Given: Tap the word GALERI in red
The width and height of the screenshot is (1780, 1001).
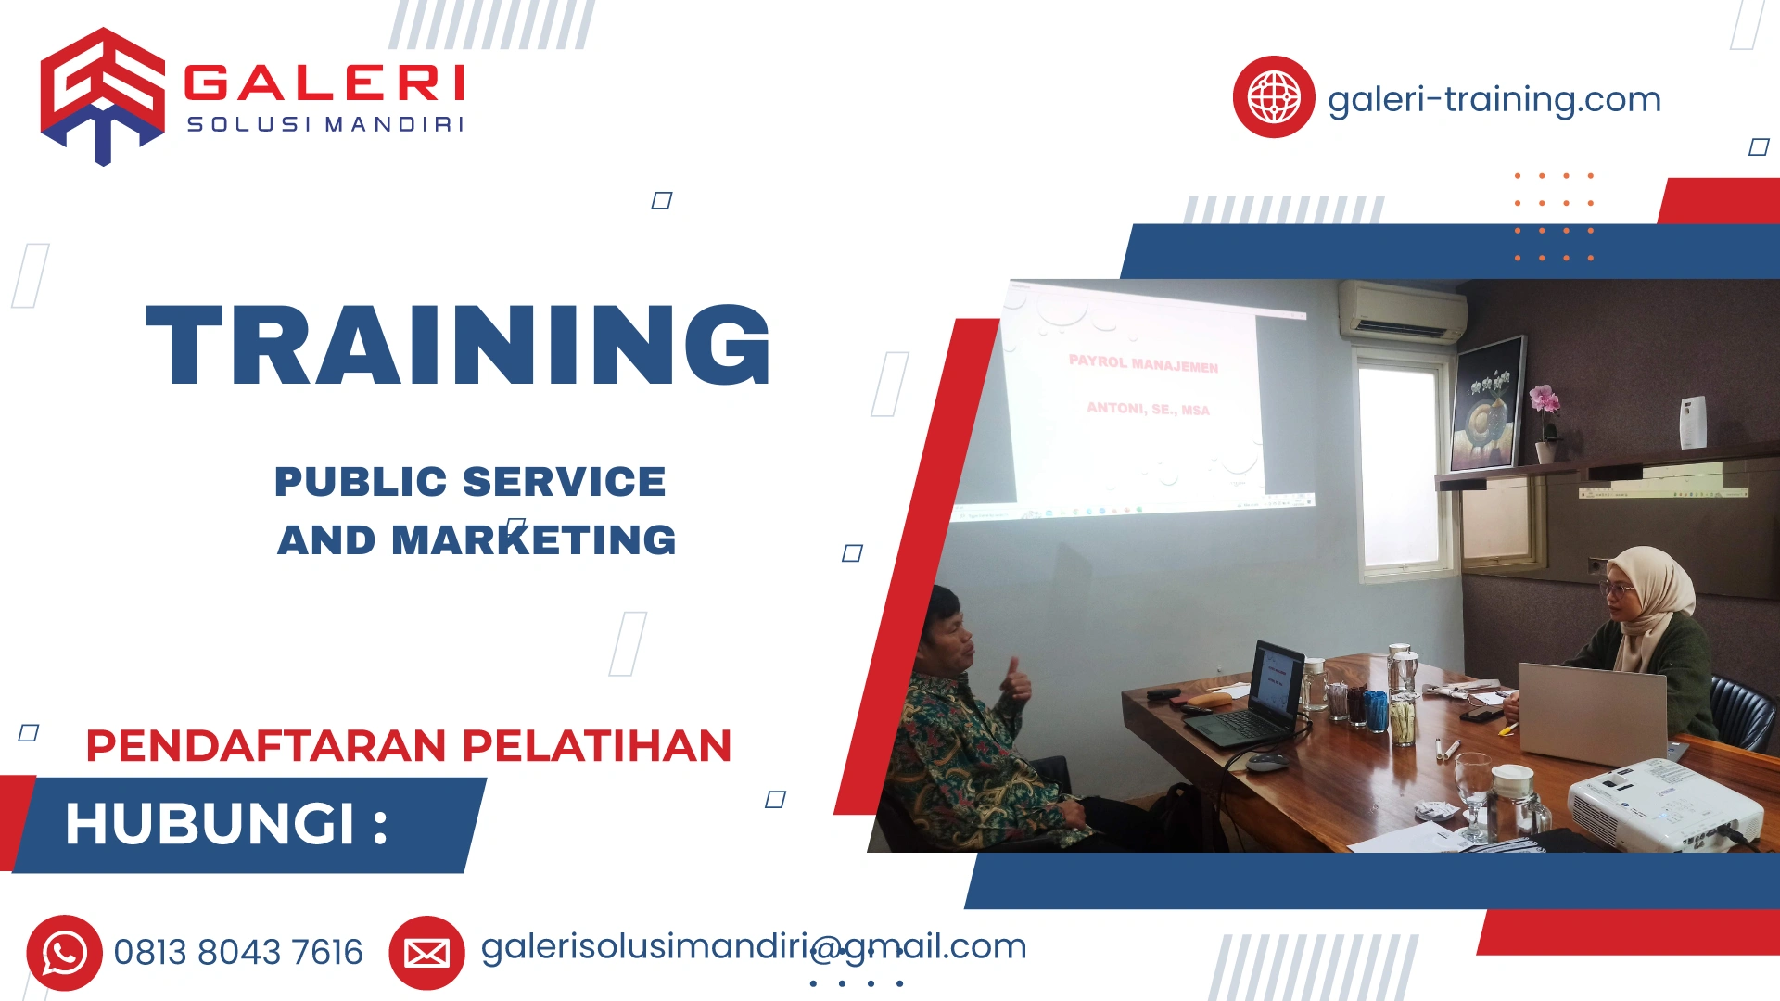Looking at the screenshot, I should pos(324,83).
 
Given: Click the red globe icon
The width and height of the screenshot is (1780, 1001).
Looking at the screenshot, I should pos(1273,97).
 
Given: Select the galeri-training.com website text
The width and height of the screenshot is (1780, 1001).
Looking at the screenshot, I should pos(1494,99).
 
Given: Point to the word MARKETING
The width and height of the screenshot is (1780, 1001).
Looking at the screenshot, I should pos(534,540).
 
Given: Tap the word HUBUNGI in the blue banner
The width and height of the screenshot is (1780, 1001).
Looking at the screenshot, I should pos(210,824).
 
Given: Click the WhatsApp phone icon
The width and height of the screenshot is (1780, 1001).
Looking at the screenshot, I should pos(64,953).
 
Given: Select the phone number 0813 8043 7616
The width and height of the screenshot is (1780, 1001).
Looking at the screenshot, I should pos(238,953).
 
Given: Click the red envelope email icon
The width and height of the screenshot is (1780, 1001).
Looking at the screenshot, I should pos(426,953).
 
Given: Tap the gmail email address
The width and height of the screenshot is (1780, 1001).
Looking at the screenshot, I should pos(753,946).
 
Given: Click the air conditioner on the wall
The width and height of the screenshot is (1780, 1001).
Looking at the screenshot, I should pos(1401,312).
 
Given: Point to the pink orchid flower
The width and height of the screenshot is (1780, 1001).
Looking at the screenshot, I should pos(1544,400).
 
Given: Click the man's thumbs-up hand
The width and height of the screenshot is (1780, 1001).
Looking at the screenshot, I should pos(1016,681).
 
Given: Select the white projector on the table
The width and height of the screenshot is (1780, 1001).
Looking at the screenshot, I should pos(1664,803).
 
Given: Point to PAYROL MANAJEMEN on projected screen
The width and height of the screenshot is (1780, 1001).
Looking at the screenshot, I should pos(1143,363).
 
